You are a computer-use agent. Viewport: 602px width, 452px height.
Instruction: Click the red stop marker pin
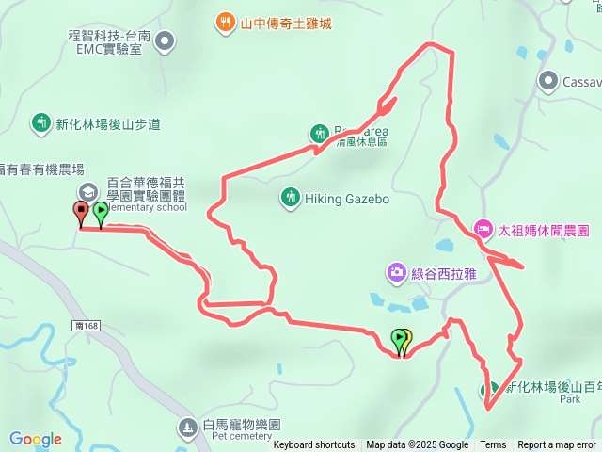[81, 212]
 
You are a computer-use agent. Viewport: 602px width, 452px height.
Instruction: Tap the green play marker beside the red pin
[100, 212]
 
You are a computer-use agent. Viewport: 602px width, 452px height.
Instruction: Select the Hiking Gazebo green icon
[289, 198]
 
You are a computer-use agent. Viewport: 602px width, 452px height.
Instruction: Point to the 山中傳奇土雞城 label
[287, 22]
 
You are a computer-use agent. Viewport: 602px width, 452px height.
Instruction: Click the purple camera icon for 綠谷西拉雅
[396, 272]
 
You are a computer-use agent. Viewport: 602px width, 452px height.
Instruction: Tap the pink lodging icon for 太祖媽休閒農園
[483, 229]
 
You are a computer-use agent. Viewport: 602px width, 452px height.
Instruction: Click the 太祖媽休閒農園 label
[544, 230]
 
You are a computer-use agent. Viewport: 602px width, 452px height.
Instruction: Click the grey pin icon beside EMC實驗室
[165, 40]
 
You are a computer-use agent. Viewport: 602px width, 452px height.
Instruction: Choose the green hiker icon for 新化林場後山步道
[41, 122]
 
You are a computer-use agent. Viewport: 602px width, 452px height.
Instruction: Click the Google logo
[36, 439]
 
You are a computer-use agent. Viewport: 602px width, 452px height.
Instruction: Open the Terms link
[493, 445]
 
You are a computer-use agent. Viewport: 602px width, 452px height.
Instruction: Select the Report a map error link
[557, 445]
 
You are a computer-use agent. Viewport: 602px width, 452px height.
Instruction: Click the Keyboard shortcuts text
[314, 445]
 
